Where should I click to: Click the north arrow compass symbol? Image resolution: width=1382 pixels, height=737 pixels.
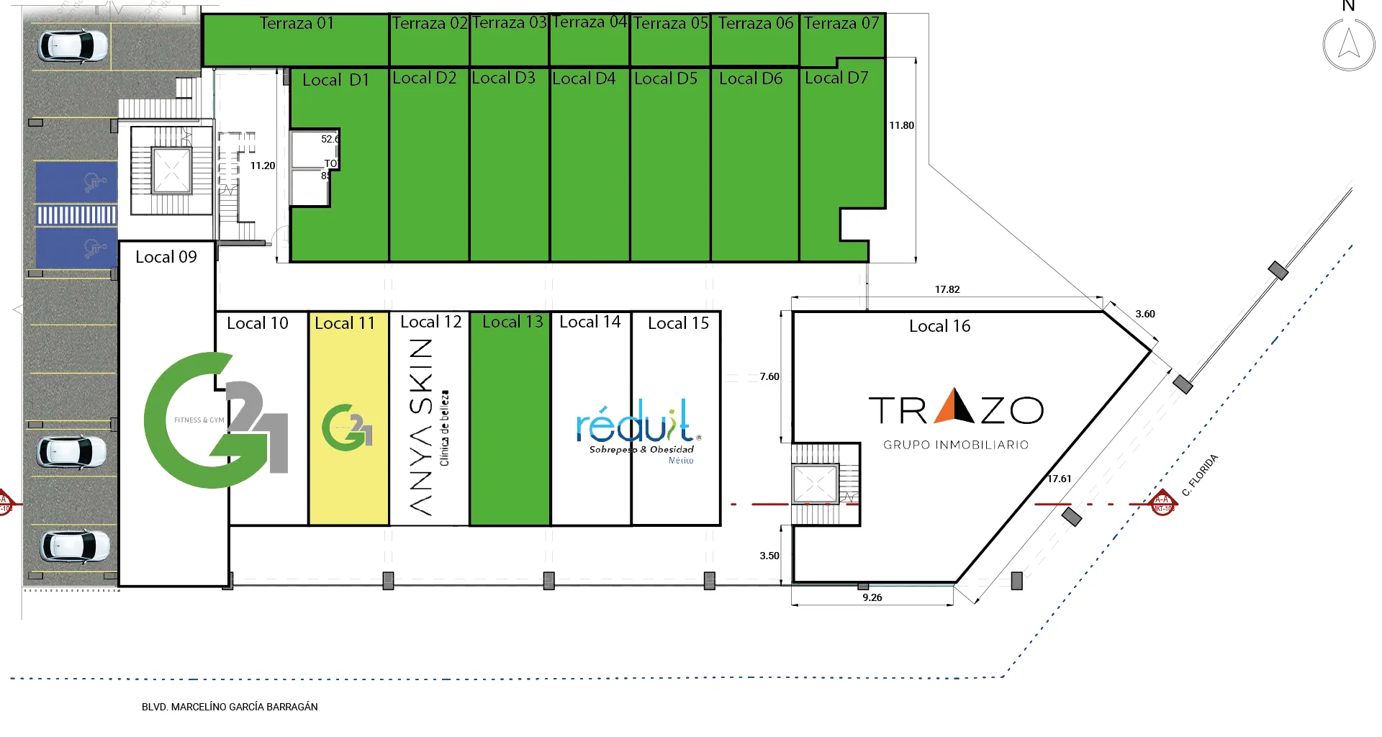(1348, 44)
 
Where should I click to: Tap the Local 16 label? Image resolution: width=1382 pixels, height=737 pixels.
(939, 326)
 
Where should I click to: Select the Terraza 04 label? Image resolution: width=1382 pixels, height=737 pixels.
(589, 22)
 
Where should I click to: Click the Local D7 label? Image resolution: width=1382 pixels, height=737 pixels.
(836, 78)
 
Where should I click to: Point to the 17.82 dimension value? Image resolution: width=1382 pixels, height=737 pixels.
(947, 289)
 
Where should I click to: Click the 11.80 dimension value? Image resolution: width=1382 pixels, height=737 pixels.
(901, 125)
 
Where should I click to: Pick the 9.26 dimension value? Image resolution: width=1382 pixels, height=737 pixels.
(872, 597)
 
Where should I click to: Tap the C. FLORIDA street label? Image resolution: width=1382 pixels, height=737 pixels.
(1200, 475)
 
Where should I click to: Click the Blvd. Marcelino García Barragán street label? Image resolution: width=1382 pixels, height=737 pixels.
(230, 707)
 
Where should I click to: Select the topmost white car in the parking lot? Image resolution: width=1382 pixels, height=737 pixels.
(73, 45)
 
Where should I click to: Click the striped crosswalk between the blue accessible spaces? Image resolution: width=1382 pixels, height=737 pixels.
(76, 214)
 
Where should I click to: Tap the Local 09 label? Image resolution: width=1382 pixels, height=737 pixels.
(166, 257)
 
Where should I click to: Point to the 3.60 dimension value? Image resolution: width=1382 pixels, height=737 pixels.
(1145, 314)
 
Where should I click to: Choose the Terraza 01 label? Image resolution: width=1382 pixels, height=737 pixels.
(297, 23)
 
